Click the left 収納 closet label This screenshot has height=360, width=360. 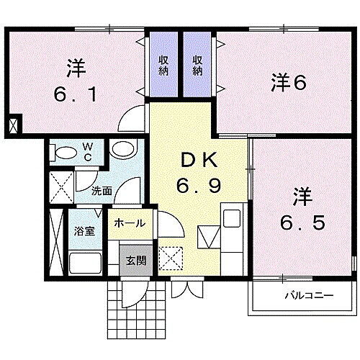163,66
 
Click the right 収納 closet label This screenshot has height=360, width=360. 197,66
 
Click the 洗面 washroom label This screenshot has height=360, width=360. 102,191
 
